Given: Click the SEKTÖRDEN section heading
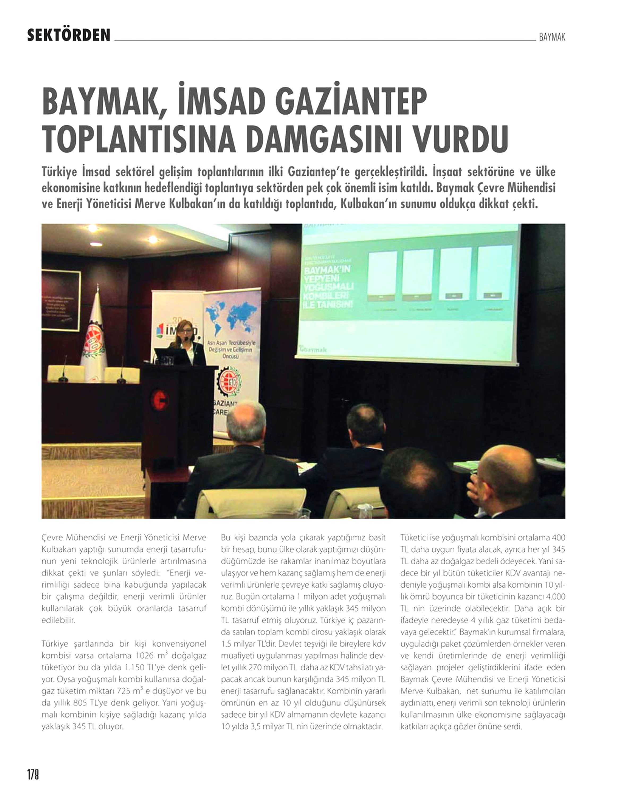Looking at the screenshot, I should click(x=68, y=35).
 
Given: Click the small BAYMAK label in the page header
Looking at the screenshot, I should click(x=552, y=37).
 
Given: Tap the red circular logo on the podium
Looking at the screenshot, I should click(x=159, y=400).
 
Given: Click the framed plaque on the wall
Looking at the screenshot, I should click(x=61, y=300).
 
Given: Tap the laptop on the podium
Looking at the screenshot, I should click(x=168, y=356).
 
